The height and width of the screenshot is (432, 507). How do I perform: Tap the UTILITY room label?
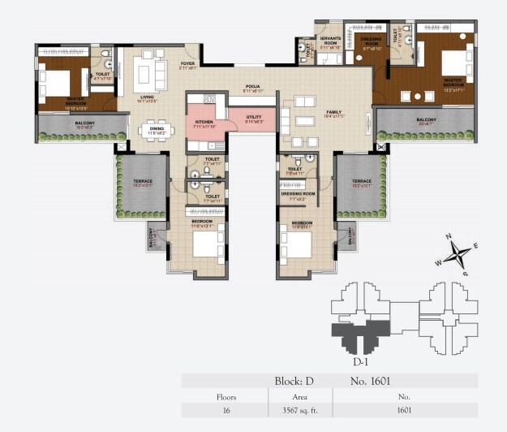click(254, 117)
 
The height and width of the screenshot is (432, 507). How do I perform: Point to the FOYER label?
click(187, 63)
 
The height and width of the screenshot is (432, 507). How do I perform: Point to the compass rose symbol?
click(459, 254)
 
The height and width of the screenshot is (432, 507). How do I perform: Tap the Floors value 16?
click(226, 410)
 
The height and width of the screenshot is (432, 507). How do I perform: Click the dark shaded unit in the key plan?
click(358, 330)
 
